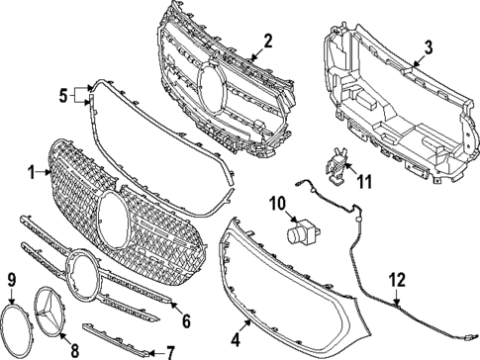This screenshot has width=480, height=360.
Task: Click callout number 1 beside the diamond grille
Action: click(31, 172)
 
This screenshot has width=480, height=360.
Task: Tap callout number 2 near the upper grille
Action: click(267, 41)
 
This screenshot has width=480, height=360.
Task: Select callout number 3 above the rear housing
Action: click(428, 46)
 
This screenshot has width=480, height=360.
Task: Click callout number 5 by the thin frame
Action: click(62, 96)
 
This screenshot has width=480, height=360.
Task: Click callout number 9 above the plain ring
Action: click(12, 281)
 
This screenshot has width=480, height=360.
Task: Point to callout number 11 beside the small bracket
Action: click(364, 181)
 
